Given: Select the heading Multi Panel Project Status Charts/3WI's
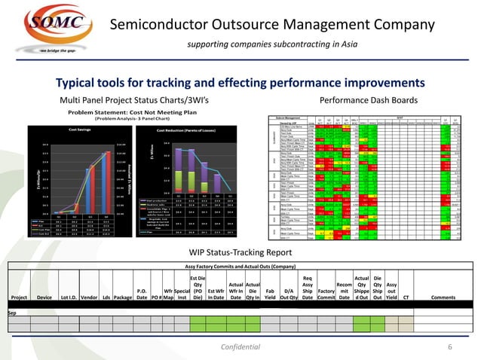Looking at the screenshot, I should point(139,99).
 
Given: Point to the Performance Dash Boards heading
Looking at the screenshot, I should point(364,99).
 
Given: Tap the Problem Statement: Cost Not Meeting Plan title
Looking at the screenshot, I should point(132,112).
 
